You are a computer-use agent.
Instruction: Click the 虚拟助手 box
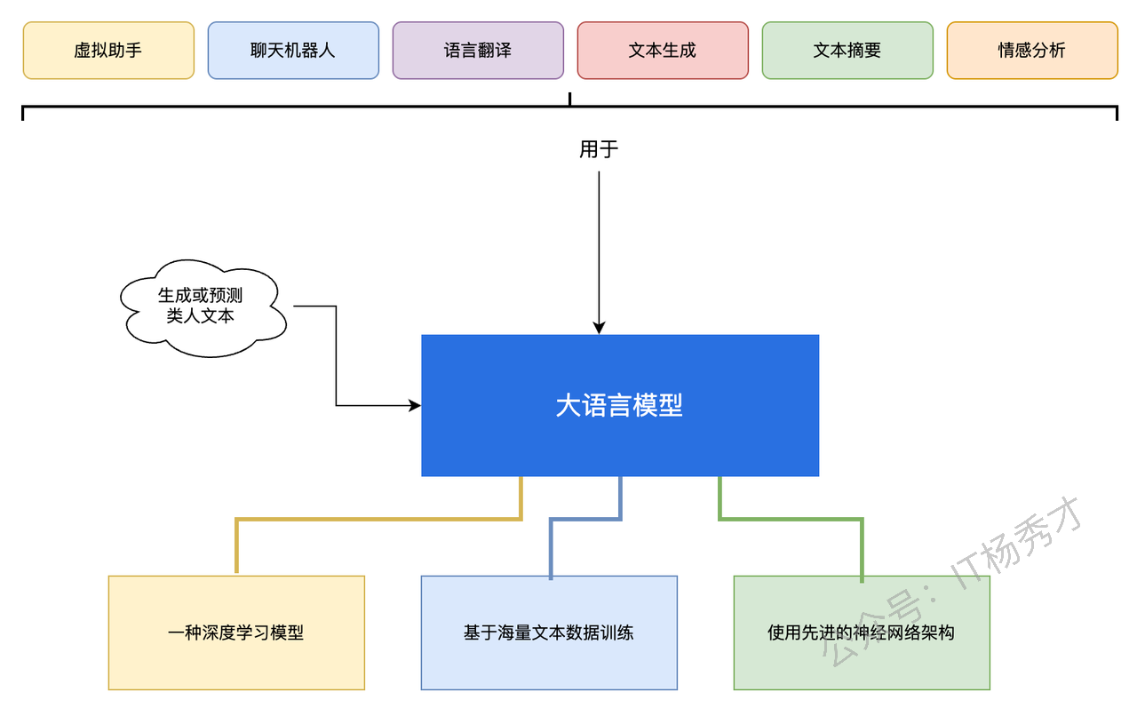(108, 51)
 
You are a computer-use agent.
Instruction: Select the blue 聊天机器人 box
(293, 51)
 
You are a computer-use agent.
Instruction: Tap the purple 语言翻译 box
(478, 51)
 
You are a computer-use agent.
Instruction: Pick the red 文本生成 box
(663, 51)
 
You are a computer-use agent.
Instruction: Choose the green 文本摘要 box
(847, 51)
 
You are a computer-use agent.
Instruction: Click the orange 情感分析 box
(1032, 51)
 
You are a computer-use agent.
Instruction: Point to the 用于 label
(599, 149)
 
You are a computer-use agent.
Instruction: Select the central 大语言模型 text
(619, 406)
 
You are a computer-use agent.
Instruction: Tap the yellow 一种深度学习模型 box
(236, 632)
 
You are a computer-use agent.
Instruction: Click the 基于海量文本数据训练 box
(549, 632)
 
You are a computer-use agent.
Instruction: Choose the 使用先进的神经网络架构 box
(862, 632)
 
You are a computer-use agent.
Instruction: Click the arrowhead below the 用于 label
(599, 328)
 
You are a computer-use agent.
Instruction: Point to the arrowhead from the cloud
(415, 406)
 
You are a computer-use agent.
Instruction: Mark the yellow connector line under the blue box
(378, 519)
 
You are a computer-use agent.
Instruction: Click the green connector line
(791, 519)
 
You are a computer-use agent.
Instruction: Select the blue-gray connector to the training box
(585, 519)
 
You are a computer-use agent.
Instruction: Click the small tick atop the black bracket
(570, 99)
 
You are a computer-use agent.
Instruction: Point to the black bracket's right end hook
(1117, 113)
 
